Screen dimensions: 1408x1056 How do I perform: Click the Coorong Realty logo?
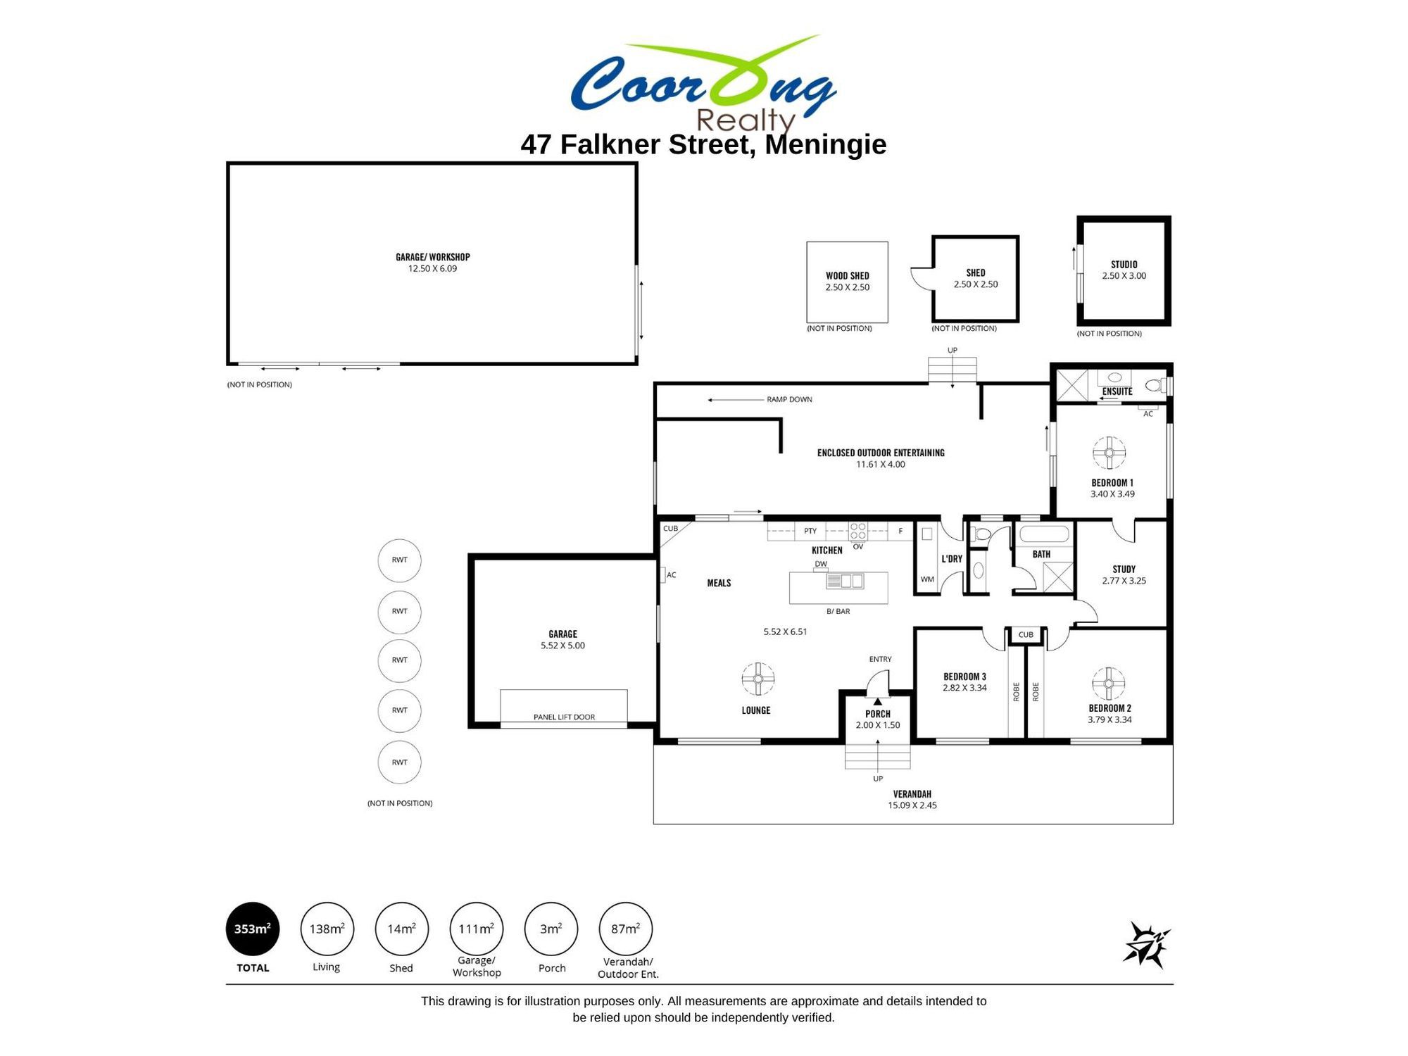703,83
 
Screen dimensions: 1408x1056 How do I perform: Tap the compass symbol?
1146,945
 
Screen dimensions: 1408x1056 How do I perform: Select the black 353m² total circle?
253,929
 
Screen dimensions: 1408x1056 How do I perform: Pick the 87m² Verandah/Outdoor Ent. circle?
625,929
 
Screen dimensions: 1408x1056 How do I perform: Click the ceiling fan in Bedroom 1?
1109,453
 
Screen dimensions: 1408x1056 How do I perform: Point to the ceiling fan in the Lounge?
758,679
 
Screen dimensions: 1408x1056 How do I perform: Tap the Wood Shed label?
848,276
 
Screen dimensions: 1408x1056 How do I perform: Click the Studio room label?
1124,265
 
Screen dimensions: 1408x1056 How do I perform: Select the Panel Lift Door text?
564,717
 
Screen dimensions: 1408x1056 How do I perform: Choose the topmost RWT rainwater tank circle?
400,560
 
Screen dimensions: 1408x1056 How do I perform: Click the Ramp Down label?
789,399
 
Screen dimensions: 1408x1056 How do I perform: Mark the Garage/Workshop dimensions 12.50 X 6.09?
432,269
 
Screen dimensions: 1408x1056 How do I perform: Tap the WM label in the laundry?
927,579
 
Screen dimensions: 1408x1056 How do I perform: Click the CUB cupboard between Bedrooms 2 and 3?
1026,635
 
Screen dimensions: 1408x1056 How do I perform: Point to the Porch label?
878,714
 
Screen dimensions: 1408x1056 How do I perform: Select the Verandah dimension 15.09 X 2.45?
912,805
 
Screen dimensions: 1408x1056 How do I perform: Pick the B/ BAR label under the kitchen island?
838,611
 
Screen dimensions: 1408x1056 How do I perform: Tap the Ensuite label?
1117,391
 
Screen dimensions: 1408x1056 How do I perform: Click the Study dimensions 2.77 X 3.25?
1124,581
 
